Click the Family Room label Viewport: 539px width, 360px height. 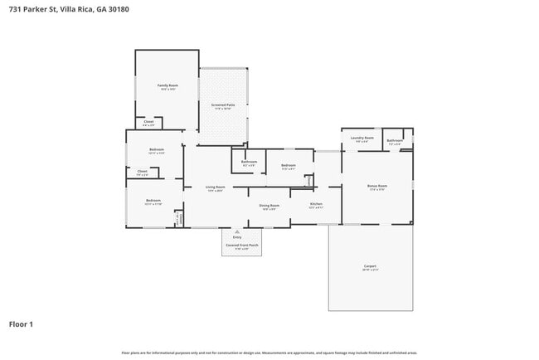click(168, 85)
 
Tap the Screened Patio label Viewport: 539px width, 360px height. click(222, 105)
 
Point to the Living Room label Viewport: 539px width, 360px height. click(215, 187)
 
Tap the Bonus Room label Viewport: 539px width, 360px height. click(377, 186)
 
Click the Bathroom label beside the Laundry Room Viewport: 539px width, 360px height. click(395, 140)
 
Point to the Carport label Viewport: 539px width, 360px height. click(370, 266)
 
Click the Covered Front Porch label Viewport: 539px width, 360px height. click(241, 245)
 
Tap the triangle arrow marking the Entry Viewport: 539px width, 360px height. click(237, 231)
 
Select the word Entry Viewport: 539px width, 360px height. click(237, 237)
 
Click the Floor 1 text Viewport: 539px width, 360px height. click(21, 324)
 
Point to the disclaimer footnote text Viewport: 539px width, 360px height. click(269, 353)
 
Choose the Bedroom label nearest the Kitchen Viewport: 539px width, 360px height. click(288, 165)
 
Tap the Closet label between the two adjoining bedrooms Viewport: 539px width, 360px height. click(142, 173)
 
